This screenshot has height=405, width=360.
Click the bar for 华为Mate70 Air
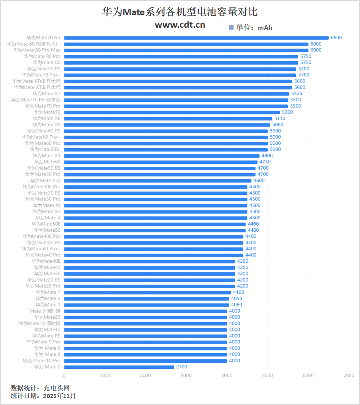click(196, 38)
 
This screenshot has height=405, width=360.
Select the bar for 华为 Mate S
click(119, 367)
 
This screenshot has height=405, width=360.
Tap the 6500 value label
click(336, 38)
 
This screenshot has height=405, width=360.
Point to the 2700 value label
click(181, 367)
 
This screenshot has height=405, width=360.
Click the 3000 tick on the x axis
click(186, 375)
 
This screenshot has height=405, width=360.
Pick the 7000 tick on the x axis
click(349, 375)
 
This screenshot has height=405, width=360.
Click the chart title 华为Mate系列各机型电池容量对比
click(180, 12)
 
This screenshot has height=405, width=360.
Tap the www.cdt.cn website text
click(180, 24)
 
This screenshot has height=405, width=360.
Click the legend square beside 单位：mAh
click(231, 27)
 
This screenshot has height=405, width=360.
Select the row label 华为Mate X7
click(46, 94)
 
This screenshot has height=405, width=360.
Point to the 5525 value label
click(297, 94)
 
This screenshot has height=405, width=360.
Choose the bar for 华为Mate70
click(172, 112)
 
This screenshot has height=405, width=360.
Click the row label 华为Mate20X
click(45, 150)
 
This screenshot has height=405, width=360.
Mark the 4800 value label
click(267, 156)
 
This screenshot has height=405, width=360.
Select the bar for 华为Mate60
click(160, 162)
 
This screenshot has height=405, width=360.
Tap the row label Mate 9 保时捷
click(45, 311)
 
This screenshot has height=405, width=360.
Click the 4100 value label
click(239, 292)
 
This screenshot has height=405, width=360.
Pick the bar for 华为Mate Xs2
click(158, 181)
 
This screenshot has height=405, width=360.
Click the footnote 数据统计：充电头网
click(40, 388)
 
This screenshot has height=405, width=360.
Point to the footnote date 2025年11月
click(59, 396)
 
